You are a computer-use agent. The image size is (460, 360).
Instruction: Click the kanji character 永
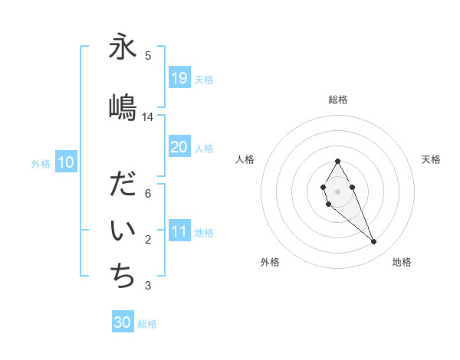[x=123, y=47]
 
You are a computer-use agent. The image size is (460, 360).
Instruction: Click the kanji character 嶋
[x=123, y=106]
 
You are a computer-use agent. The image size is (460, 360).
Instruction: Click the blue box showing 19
[x=179, y=78]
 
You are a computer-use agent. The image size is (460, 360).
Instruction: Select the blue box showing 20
[x=179, y=147]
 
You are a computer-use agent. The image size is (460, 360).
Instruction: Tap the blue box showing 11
[x=179, y=232]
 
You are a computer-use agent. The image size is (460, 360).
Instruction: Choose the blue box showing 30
[x=123, y=322]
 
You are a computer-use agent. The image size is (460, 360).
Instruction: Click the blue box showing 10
[x=66, y=162]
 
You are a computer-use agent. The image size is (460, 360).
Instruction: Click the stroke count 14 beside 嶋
[x=148, y=116]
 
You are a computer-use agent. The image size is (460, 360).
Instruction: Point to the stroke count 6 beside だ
[x=148, y=193]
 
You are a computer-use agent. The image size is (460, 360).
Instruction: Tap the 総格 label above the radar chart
[x=338, y=100]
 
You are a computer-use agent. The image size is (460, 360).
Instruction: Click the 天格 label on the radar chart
[x=431, y=159]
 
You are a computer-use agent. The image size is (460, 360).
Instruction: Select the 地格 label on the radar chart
[x=402, y=262]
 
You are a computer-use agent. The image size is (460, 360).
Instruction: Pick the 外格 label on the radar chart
[x=270, y=262]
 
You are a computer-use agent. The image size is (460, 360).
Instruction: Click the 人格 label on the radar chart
[x=245, y=159]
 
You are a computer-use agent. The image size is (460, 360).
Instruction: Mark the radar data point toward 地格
[x=374, y=242]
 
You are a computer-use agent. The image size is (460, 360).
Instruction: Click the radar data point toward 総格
[x=337, y=161]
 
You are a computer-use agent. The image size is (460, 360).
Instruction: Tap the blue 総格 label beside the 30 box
[x=147, y=324]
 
